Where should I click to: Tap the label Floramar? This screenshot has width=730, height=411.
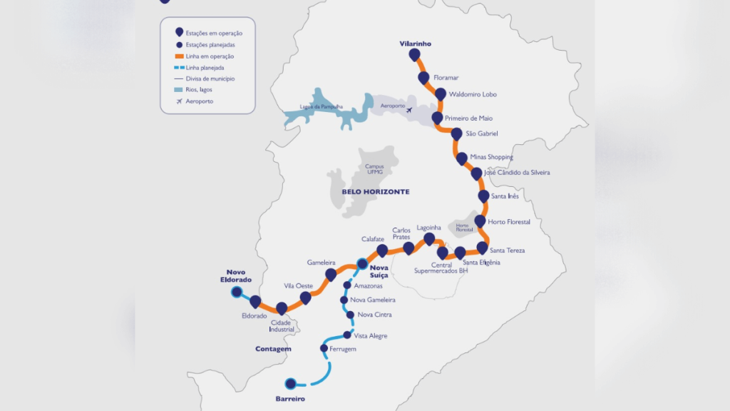tap(446, 76)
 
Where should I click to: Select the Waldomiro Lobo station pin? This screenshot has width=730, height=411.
tap(441, 94)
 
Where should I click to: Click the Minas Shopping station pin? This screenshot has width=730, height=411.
tap(462, 158)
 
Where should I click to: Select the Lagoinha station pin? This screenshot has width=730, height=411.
tap(429, 238)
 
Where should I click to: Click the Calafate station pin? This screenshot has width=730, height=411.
tap(382, 250)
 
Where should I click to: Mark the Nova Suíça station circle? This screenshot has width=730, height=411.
tap(362, 263)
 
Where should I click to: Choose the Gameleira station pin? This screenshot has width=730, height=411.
tap(331, 275)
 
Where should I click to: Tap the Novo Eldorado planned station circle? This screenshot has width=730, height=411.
tap(236, 292)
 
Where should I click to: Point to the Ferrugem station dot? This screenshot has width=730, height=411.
tap(324, 349)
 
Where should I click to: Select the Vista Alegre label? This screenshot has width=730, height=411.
tap(371, 335)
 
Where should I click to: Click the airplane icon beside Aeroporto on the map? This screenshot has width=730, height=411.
tap(408, 109)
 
